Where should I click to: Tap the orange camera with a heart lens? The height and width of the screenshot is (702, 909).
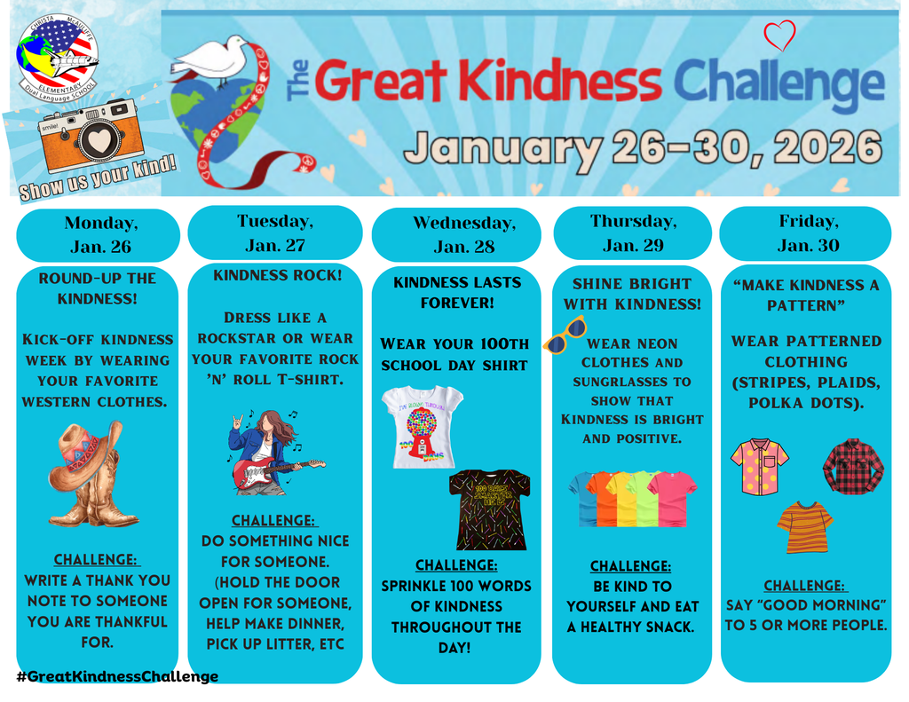91,135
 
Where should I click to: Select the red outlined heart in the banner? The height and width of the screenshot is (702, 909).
779,36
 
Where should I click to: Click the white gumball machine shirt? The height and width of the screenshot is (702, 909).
422,426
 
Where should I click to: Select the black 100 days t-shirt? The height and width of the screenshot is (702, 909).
489,509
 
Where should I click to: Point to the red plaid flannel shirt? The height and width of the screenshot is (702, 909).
853,465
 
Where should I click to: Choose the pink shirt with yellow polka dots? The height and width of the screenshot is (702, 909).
759,466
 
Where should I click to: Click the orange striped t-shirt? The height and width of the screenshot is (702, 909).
804,526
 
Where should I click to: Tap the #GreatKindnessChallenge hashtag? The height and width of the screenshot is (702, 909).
117,676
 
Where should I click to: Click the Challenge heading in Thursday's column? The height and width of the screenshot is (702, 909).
630,566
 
